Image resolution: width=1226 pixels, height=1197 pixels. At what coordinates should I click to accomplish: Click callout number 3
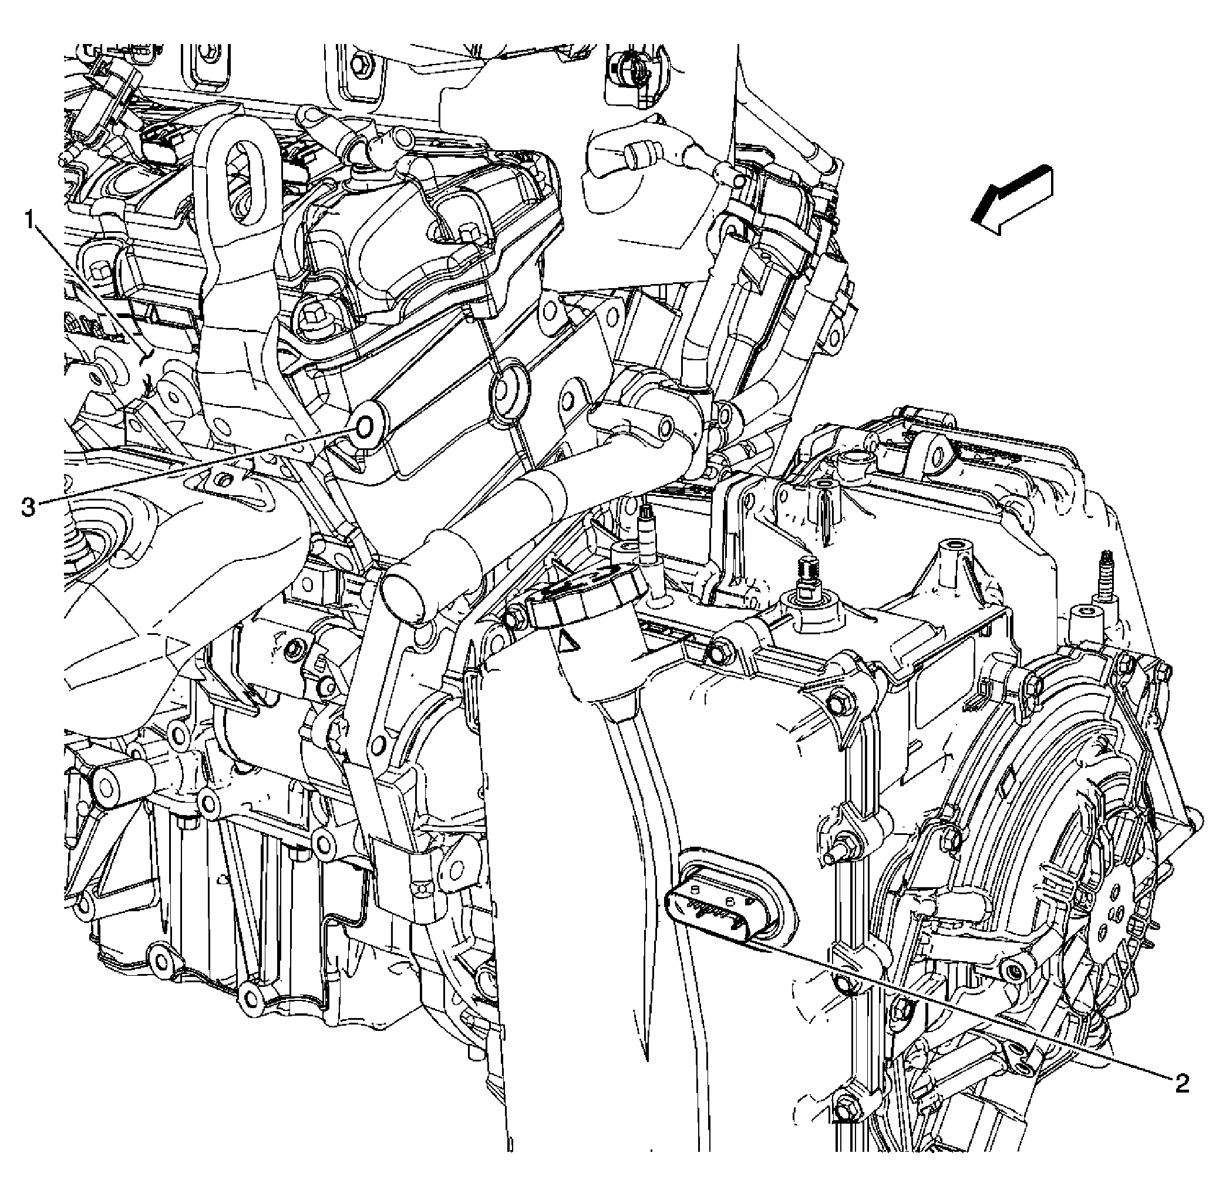coord(28,506)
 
